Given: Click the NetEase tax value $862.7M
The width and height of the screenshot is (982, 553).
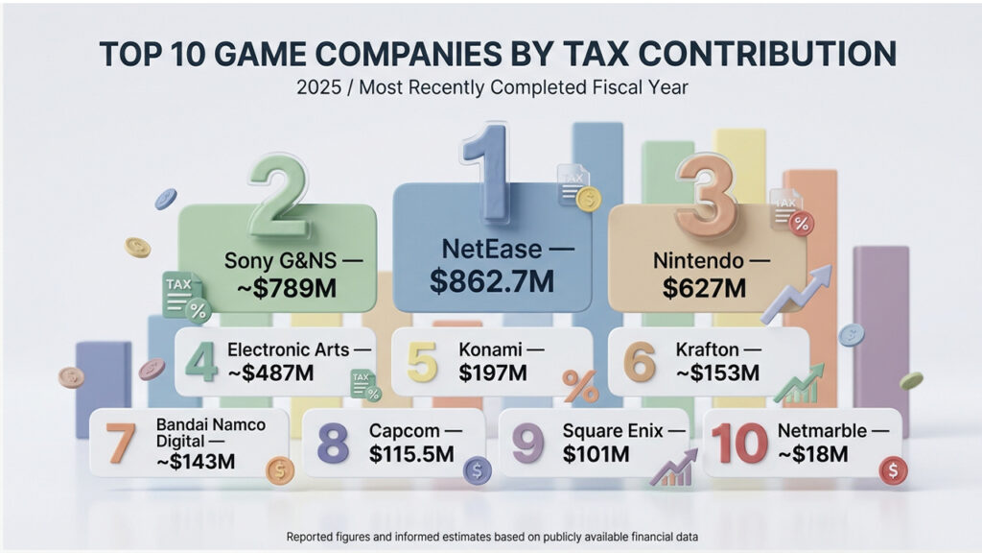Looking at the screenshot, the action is pyautogui.click(x=492, y=281).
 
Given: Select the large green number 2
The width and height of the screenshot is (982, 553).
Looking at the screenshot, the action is pyautogui.click(x=278, y=195).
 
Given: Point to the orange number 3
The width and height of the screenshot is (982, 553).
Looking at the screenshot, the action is pyautogui.click(x=707, y=194).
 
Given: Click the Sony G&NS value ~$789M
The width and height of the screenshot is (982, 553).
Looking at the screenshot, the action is pyautogui.click(x=287, y=288).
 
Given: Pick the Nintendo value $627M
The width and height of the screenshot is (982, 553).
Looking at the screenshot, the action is pyautogui.click(x=704, y=288).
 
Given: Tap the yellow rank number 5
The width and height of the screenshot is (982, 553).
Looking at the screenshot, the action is pyautogui.click(x=422, y=362).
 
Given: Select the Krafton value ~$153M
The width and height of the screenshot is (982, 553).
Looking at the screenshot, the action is pyautogui.click(x=717, y=373).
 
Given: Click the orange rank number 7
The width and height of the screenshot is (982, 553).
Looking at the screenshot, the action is pyautogui.click(x=120, y=443).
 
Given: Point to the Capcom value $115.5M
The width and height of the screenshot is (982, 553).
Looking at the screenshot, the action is pyautogui.click(x=411, y=453).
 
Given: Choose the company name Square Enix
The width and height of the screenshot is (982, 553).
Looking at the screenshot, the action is pyautogui.click(x=613, y=431).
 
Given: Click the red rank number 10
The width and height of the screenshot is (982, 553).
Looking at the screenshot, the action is pyautogui.click(x=739, y=443).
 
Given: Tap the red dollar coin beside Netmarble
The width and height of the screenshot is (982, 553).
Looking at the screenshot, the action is pyautogui.click(x=893, y=470).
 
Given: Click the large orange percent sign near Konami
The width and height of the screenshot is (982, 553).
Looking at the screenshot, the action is pyautogui.click(x=580, y=386).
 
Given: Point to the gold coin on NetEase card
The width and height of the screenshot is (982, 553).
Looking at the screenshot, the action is pyautogui.click(x=588, y=200).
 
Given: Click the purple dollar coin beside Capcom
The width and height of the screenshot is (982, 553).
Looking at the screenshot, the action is pyautogui.click(x=478, y=470).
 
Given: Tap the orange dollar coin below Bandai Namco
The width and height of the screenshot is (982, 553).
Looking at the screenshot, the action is pyautogui.click(x=280, y=470).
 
